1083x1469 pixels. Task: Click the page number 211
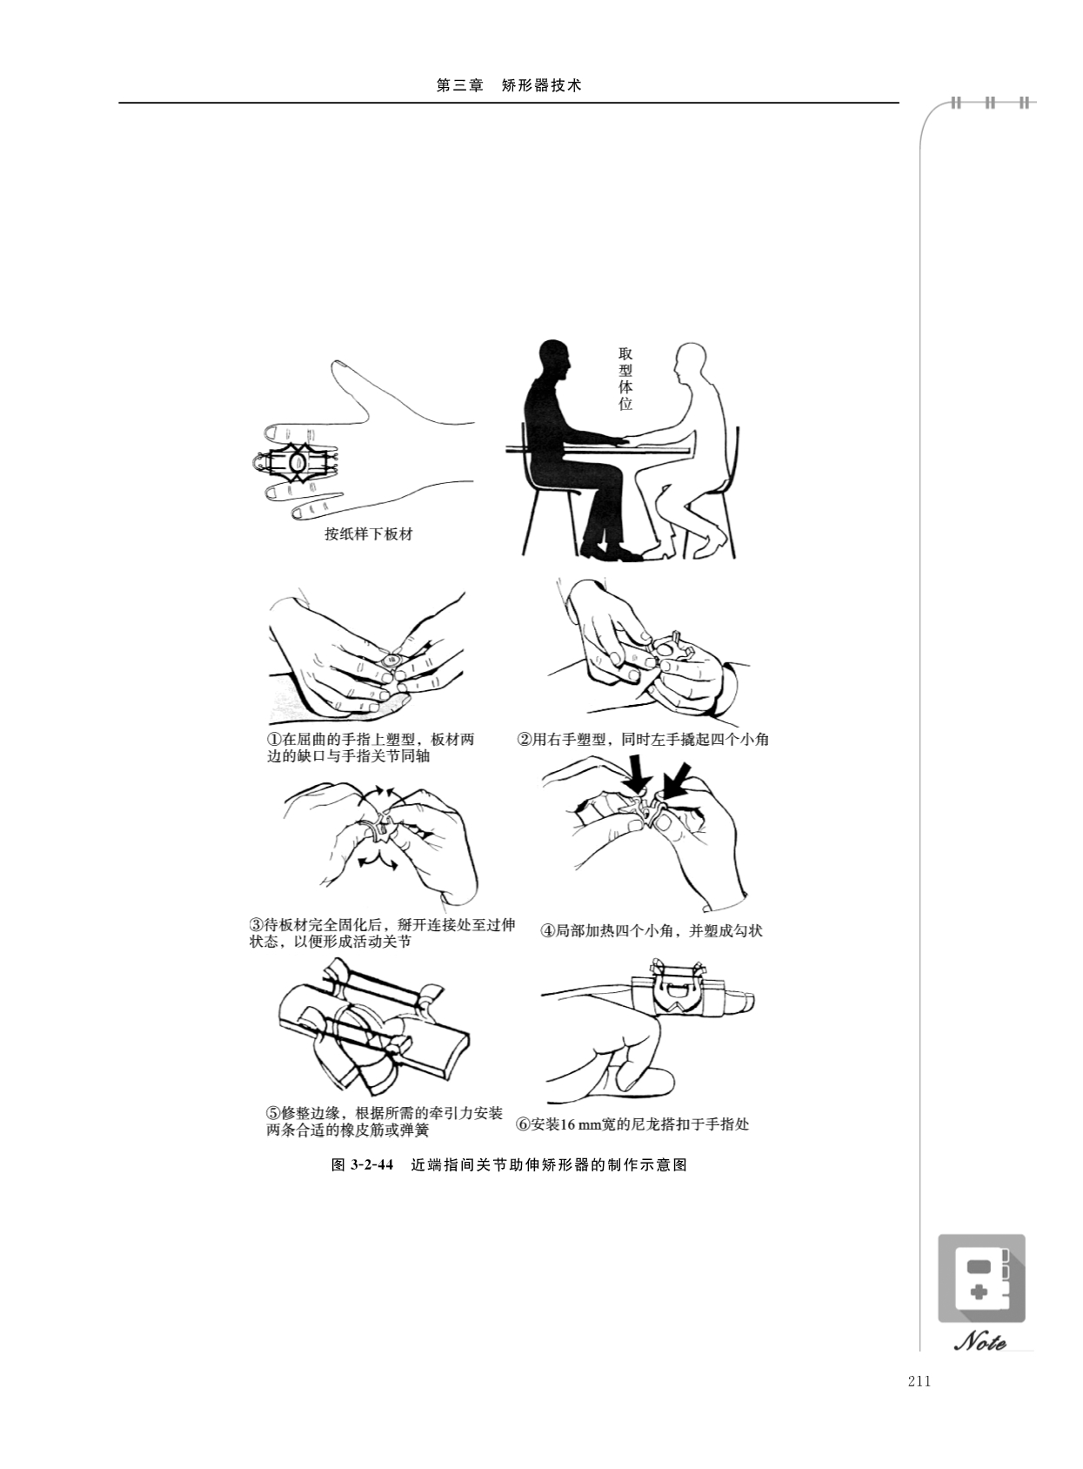click(919, 1380)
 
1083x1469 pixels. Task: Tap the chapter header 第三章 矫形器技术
click(509, 86)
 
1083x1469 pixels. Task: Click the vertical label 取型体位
click(625, 379)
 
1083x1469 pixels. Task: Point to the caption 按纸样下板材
click(369, 533)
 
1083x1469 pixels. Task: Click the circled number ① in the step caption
click(274, 740)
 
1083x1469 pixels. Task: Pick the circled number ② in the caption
click(525, 740)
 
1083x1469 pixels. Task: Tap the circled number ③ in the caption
click(257, 925)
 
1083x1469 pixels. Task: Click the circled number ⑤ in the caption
click(273, 1113)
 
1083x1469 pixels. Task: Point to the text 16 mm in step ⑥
click(576, 1124)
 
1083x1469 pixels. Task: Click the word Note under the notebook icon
click(980, 1343)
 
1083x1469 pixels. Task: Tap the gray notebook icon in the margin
click(981, 1278)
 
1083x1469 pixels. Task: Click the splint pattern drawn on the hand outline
click(295, 462)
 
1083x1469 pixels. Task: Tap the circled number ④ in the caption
click(547, 931)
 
